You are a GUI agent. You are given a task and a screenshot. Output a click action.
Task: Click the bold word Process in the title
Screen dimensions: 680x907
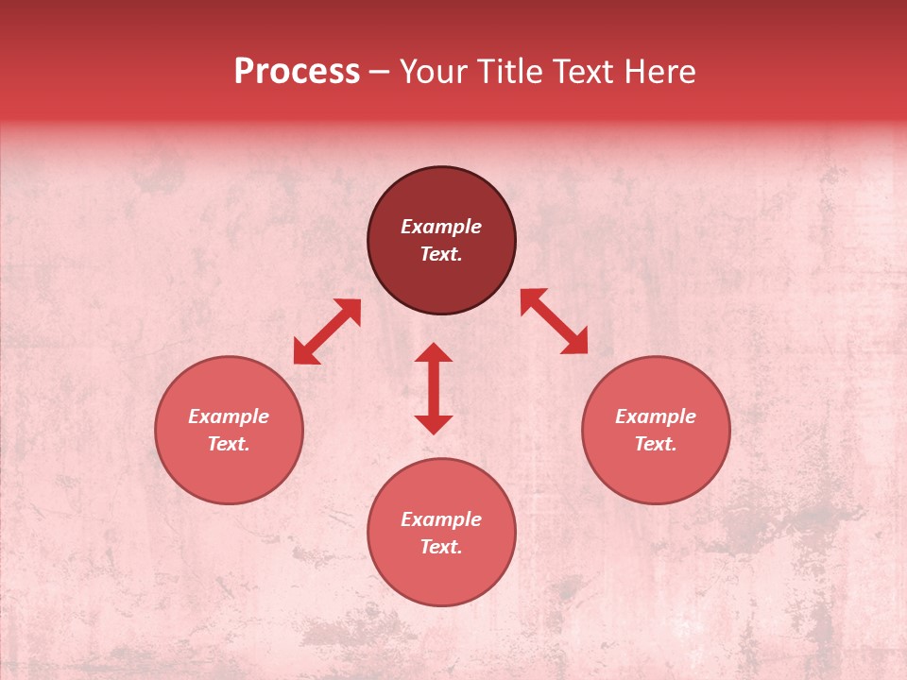tap(297, 72)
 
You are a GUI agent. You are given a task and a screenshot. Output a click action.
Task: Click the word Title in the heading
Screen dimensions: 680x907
tap(508, 72)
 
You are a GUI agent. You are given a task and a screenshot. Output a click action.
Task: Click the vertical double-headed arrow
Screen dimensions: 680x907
tap(434, 388)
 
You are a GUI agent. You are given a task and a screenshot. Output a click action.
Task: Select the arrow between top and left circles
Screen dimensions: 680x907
tap(327, 331)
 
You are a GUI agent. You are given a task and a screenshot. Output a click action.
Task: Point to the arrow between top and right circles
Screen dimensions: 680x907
tap(554, 321)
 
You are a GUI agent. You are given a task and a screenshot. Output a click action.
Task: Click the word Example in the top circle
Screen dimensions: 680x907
tap(441, 227)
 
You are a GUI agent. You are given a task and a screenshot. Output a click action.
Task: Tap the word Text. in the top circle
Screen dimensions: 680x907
tap(441, 254)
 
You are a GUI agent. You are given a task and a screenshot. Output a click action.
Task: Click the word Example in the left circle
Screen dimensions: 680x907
tap(229, 416)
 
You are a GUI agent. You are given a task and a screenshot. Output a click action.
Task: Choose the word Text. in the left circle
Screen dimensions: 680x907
tap(229, 444)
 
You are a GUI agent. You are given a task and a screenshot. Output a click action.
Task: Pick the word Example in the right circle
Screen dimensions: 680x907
tap(656, 416)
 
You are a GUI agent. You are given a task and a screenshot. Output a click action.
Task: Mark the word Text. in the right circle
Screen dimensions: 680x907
tap(656, 444)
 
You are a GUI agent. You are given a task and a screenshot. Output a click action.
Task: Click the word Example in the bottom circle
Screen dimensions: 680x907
tap(441, 519)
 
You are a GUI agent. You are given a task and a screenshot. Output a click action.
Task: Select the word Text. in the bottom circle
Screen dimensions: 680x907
tap(441, 547)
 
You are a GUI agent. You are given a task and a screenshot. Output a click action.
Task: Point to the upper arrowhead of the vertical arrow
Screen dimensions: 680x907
tap(434, 352)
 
